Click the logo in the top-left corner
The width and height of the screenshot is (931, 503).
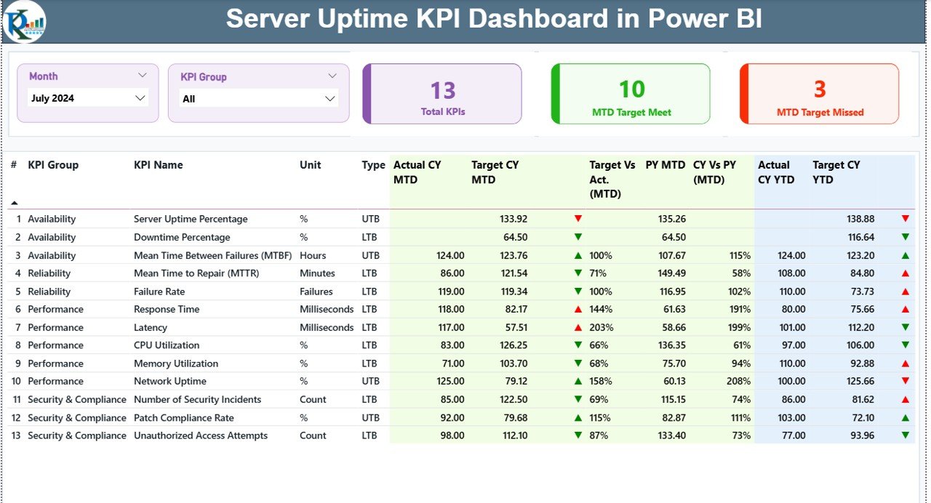click(x=24, y=22)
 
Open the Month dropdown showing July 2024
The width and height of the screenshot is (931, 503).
click(x=88, y=98)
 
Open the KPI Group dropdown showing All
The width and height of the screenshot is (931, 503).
click(x=258, y=99)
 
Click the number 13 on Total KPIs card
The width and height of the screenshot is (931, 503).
click(x=442, y=90)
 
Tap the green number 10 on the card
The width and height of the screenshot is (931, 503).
click(x=631, y=89)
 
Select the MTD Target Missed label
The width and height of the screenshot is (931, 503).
click(x=820, y=113)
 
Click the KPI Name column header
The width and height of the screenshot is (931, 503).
click(x=158, y=165)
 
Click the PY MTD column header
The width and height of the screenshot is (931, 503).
click(x=665, y=165)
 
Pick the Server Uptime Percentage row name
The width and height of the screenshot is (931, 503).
click(x=191, y=219)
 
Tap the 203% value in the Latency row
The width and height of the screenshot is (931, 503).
click(x=601, y=327)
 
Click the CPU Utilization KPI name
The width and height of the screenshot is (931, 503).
click(x=167, y=345)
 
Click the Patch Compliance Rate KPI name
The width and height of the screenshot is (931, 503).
click(x=184, y=418)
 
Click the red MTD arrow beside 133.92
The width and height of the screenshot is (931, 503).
click(x=578, y=219)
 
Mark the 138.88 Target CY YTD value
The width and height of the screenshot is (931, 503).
click(x=860, y=219)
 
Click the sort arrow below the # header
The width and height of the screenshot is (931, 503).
click(x=14, y=203)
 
